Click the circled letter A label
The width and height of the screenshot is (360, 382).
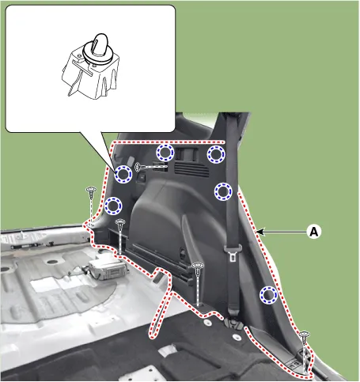pos(313,232)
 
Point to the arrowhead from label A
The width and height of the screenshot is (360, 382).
pos(260,232)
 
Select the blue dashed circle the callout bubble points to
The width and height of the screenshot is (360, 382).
pos(123,174)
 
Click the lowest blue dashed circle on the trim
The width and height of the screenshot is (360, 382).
pos(269,294)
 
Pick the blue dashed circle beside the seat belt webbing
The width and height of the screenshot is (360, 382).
pos(223,191)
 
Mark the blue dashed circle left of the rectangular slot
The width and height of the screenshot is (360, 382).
pos(165,153)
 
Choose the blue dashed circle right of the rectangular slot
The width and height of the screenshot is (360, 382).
pos(216,154)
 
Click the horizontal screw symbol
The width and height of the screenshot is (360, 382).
pos(151,167)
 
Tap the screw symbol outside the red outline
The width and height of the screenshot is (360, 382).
pos(91,206)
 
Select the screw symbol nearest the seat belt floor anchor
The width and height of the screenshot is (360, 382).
pos(198,283)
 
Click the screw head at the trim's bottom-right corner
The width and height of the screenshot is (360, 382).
pos(305,335)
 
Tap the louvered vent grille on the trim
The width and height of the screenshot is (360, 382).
pos(191,168)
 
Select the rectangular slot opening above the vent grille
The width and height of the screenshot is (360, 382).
pos(187,153)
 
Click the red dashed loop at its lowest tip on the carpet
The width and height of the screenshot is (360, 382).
pos(152,336)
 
